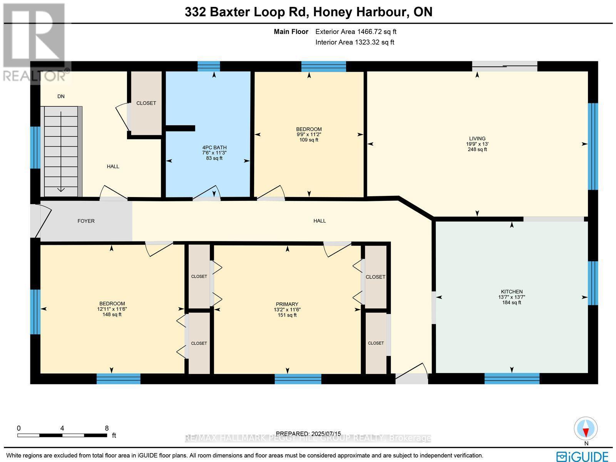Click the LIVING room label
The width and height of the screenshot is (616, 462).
(x=477, y=138)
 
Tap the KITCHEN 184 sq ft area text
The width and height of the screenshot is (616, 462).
(x=512, y=303)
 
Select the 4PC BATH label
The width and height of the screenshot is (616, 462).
(x=214, y=147)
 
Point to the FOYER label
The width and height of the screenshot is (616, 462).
(x=86, y=221)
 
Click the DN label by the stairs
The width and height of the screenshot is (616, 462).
(x=61, y=96)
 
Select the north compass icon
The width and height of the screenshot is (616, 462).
(x=586, y=429)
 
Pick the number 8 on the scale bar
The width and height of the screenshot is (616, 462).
(x=107, y=428)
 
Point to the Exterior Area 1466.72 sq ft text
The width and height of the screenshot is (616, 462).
(x=356, y=32)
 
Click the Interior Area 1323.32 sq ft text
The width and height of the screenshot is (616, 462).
(x=355, y=42)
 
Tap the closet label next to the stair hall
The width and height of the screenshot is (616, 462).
(x=146, y=103)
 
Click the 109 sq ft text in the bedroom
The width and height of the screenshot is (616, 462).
(x=309, y=140)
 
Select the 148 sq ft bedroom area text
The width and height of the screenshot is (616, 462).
(x=112, y=315)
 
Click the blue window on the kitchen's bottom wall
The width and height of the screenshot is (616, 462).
(x=512, y=378)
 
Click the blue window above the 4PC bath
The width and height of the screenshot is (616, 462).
(x=209, y=66)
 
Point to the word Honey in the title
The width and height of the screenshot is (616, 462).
(x=332, y=12)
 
